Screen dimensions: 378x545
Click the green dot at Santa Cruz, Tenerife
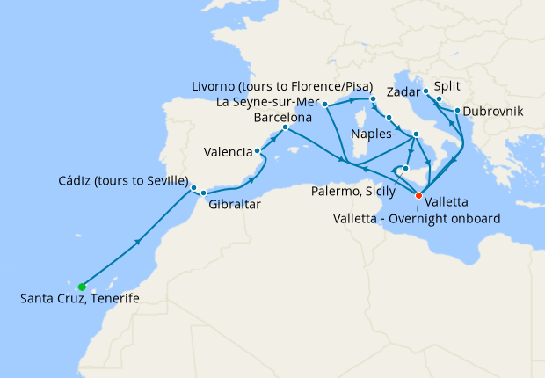coord(82,287)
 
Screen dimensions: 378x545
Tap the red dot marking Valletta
coord(419,195)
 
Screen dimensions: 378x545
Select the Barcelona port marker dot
coord(285,127)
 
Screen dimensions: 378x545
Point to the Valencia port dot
coord(258,151)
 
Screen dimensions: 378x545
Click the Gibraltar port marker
coord(203,193)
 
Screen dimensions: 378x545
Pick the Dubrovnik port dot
coord(457,110)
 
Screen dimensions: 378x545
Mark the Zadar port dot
coord(425,91)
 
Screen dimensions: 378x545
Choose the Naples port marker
coord(417,134)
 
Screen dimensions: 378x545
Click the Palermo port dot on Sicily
coord(406,168)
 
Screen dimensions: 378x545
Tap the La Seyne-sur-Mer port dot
coord(325,104)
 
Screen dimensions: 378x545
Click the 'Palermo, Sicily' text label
coord(353,189)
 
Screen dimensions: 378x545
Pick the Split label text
coord(447,88)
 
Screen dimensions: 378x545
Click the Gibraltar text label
coord(234,205)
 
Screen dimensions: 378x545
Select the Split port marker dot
coord(439,99)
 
